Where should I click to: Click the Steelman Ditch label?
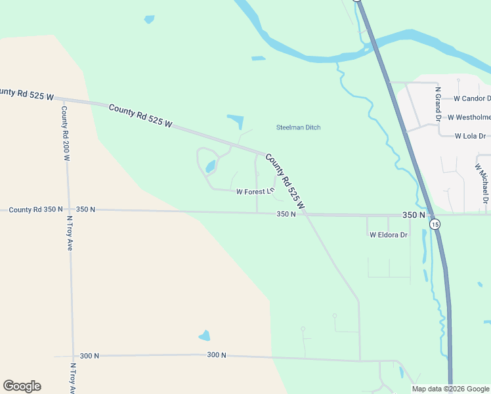298,127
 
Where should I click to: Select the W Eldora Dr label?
389,234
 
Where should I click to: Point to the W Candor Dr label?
472,98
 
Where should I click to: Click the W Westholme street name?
469,118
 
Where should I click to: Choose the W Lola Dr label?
470,136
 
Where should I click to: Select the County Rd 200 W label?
66,133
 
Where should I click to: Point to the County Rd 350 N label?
32,209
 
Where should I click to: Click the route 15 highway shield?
435,225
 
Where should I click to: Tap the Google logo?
22,386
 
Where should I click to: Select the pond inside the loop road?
211,167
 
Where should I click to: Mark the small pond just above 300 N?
204,336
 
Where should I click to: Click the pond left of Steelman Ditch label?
236,121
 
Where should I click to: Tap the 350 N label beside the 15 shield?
414,215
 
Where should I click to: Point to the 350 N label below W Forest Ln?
287,214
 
